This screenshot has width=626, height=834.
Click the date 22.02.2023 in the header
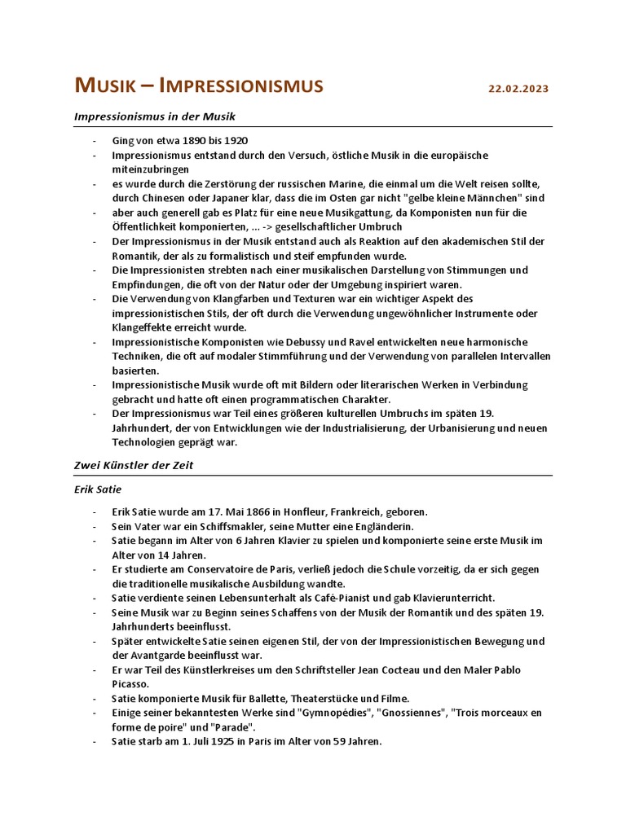coord(519,88)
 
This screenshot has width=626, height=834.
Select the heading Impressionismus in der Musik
coord(155,116)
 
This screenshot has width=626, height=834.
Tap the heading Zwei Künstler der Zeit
coord(134,465)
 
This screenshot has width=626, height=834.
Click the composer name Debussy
coord(284,341)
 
